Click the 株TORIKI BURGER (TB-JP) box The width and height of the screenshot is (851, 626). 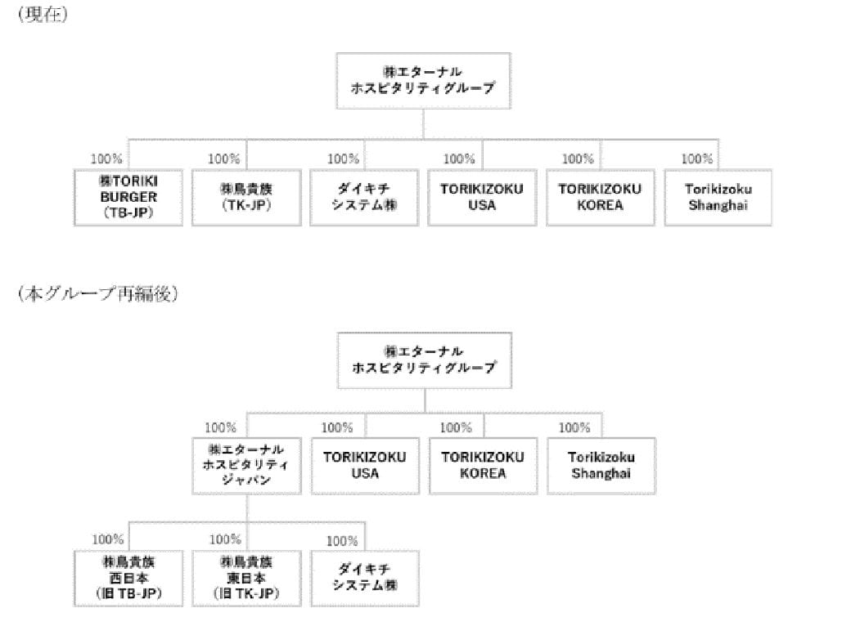pos(128,197)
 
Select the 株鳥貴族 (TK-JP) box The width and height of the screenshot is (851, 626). pos(246,197)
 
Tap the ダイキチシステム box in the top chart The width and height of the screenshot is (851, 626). pos(364,197)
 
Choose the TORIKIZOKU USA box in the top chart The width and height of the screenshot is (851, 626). pos(482,197)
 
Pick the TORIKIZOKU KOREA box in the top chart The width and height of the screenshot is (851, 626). pos(601,197)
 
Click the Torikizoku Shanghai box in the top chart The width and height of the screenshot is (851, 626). pos(718,197)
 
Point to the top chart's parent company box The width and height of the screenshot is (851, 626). pos(423,81)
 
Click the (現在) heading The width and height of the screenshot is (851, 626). pos(43,14)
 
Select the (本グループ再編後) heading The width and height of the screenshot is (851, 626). pos(97,293)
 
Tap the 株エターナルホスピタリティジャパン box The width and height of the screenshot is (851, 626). pos(246,466)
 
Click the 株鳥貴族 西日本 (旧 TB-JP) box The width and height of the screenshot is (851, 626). pos(128,579)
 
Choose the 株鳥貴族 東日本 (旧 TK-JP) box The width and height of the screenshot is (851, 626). pos(246,579)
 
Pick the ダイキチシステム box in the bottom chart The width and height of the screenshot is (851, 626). pos(365,579)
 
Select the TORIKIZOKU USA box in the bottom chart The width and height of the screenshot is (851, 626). pos(365,466)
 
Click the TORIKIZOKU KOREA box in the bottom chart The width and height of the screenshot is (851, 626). pos(483,466)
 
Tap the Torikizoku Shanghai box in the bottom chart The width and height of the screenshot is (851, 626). pos(601,466)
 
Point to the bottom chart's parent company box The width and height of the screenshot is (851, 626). pos(425,360)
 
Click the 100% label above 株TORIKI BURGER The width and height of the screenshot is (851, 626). pos(106,159)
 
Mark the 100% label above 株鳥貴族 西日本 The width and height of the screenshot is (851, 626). pos(108,539)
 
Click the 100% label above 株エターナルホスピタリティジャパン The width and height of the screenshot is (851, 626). pos(220,427)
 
